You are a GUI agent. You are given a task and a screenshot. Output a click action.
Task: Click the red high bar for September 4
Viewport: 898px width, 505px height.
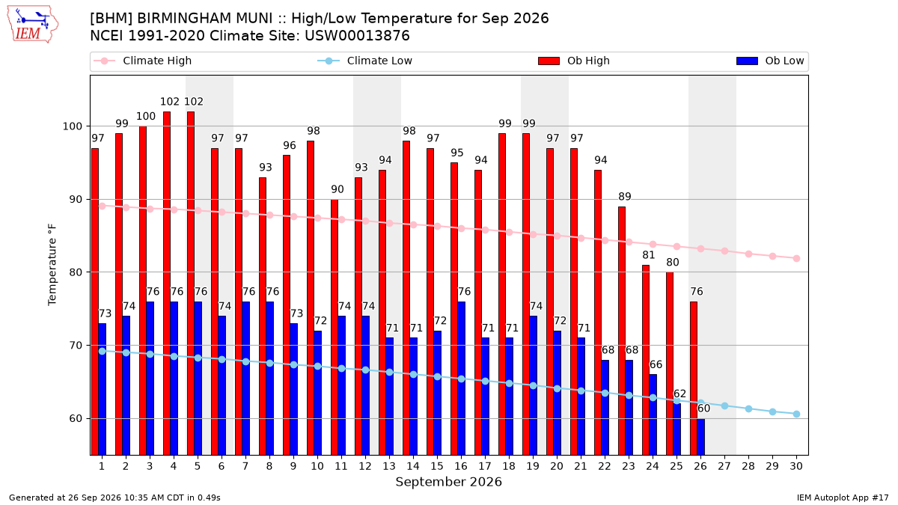pos(167,284)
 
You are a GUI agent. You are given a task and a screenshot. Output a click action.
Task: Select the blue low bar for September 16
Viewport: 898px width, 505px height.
pos(462,379)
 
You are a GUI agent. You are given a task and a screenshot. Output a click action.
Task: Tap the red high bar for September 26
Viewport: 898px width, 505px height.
pos(694,379)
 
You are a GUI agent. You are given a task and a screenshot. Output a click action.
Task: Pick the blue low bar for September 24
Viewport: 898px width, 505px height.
pos(653,414)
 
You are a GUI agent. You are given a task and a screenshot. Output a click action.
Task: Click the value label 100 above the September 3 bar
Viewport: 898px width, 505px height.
pos(145,116)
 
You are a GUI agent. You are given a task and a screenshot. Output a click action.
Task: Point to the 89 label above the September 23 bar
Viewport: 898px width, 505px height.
pos(625,196)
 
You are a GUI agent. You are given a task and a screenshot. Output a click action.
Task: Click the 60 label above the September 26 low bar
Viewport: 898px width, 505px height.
pos(703,408)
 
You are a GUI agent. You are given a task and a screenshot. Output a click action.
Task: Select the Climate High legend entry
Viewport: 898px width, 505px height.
pos(142,61)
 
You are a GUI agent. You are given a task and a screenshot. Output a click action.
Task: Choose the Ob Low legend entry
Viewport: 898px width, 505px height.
pos(770,61)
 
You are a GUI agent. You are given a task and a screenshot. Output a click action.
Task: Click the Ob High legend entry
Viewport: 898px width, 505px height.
pos(574,61)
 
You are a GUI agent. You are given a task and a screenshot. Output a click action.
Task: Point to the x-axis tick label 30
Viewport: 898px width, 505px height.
pos(796,466)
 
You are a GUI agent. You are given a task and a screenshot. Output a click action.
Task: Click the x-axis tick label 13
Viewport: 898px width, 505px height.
pos(389,466)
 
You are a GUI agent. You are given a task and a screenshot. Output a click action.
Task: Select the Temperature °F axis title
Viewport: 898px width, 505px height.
pos(52,265)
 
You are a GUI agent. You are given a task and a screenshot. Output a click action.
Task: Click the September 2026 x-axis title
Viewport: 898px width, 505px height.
pos(448,481)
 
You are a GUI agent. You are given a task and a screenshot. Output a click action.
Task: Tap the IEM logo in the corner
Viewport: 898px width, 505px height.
pos(32,25)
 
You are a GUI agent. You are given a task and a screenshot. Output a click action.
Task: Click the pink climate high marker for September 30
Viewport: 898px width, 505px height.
pos(796,259)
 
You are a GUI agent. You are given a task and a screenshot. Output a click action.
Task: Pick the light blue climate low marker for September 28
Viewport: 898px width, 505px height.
pos(748,408)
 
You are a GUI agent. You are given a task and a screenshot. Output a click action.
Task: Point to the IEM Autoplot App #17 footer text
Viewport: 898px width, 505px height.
pos(843,498)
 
